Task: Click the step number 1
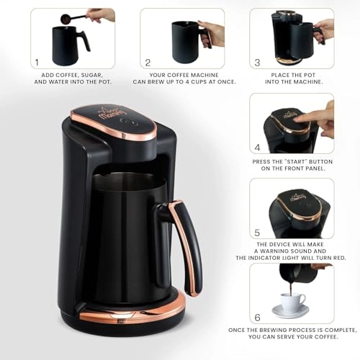(37, 63)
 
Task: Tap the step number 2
(148, 63)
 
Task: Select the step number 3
(257, 63)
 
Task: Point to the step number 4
(257, 148)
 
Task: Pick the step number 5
(257, 233)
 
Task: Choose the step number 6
(257, 318)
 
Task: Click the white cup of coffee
(292, 302)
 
